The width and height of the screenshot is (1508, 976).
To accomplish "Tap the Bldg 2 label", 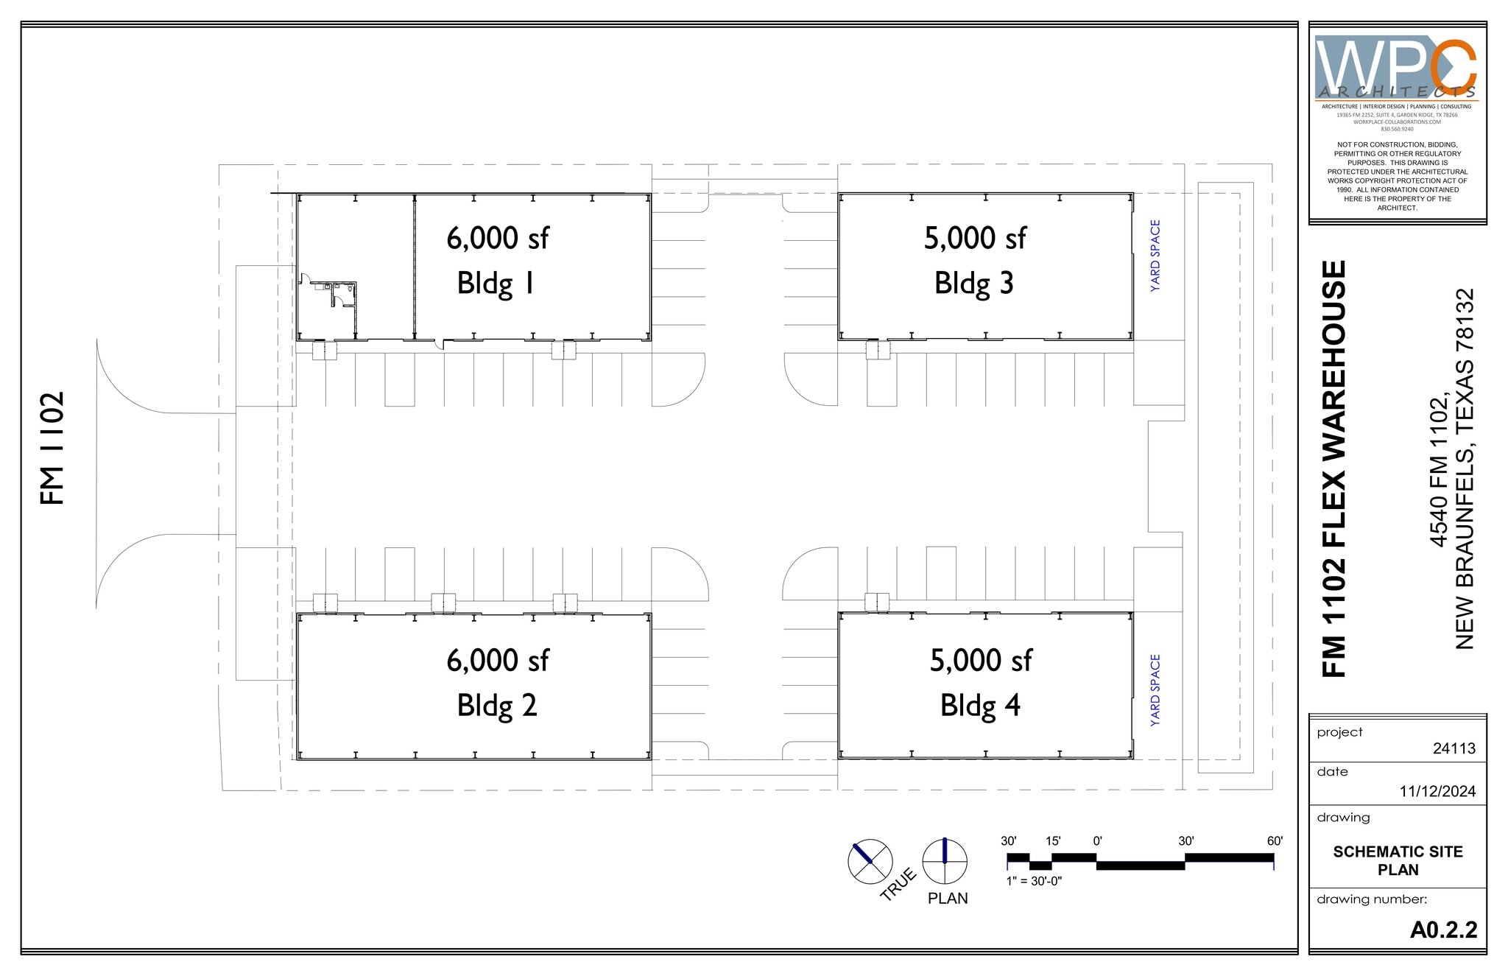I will point(496,706).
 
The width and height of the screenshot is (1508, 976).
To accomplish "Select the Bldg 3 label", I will point(973,284).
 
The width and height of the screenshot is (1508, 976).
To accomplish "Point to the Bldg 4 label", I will point(979,706).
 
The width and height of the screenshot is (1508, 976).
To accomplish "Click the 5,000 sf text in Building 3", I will point(975,238).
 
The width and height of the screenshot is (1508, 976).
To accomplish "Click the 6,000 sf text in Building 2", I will point(497,660).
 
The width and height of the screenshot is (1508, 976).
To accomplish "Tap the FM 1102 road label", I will point(52,448).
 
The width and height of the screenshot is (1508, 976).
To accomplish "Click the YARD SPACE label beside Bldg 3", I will point(1155,256).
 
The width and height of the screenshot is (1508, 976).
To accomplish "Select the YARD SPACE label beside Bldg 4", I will point(1155,690).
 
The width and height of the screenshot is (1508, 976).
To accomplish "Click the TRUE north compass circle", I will point(870,861).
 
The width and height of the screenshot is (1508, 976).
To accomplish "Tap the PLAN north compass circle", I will point(945,861).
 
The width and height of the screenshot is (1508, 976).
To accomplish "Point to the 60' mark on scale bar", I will point(1275,841).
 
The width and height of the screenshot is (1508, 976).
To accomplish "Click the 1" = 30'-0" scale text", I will point(1034,881).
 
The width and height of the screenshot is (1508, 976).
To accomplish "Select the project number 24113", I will point(1454,748).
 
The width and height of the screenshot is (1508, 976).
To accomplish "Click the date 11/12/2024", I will point(1437,791).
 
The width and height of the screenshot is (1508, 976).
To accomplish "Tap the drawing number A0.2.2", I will point(1443,930).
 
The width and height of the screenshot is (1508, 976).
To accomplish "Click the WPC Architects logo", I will point(1396,68).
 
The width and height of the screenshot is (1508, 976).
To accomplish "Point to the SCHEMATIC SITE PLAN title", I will point(1398,860).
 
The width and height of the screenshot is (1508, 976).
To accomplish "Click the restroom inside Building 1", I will point(342,296).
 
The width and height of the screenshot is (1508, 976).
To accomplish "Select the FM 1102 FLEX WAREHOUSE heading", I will point(1334,468).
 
